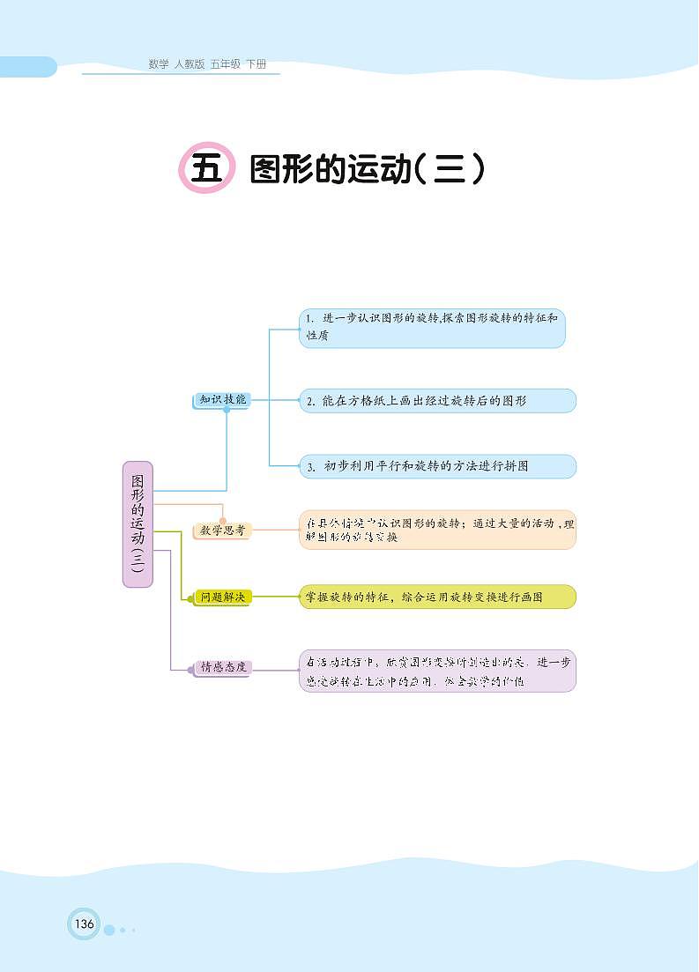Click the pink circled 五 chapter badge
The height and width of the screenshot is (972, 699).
207,167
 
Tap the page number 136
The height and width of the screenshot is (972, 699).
84,924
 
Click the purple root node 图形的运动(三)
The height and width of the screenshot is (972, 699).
137,524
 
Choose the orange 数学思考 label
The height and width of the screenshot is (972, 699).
222,531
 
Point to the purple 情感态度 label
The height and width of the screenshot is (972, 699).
222,667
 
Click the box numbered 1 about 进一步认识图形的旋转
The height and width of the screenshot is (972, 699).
432,328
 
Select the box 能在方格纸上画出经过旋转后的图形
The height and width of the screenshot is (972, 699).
437,401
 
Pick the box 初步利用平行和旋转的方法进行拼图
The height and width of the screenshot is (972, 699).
437,466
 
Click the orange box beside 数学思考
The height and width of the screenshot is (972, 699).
437,530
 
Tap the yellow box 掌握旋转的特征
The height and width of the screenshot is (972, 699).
437,597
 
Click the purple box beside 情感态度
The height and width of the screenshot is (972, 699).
437,671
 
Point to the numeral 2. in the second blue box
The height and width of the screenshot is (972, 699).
310,402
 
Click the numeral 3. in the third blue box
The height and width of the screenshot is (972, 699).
310,467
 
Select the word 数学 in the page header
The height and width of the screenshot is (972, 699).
159,64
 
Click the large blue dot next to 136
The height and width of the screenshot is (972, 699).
109,930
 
